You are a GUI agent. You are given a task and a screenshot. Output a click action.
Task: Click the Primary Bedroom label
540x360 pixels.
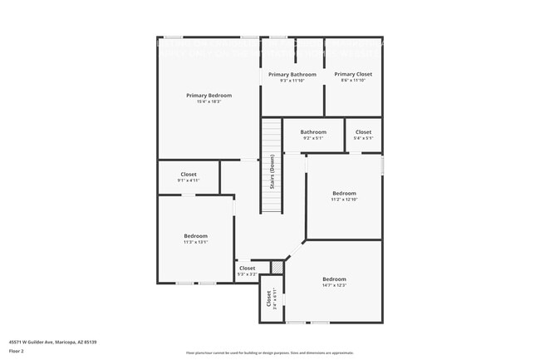[x=209, y=96]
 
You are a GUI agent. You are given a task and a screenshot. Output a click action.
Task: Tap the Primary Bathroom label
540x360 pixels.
[x=292, y=75]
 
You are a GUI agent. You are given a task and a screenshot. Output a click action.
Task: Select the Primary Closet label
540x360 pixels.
[x=353, y=74]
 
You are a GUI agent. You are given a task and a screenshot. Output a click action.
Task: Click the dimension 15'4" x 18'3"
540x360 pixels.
[x=209, y=102]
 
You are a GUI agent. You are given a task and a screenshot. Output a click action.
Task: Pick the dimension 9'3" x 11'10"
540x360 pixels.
[x=292, y=81]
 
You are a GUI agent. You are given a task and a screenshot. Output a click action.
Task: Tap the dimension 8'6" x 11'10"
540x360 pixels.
[x=353, y=81]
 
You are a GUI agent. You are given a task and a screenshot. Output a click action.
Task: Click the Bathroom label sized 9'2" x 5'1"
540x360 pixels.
[x=313, y=131]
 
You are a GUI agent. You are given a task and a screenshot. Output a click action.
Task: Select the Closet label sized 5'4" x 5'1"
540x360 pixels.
[x=363, y=131]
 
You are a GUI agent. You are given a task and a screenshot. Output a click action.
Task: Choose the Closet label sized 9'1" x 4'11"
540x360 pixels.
[x=189, y=174]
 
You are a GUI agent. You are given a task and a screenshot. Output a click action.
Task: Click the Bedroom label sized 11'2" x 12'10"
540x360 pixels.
[x=344, y=193]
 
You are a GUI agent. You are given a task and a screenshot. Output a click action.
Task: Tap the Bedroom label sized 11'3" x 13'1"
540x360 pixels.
[x=196, y=236]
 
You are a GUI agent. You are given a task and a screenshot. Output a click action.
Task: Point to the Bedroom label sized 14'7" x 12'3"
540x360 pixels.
[x=334, y=279]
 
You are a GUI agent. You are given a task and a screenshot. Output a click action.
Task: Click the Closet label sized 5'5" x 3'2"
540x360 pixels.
[x=248, y=268]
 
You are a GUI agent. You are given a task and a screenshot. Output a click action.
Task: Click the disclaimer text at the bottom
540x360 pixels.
[x=269, y=353]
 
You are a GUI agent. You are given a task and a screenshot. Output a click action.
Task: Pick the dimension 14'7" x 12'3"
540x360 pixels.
[x=334, y=285]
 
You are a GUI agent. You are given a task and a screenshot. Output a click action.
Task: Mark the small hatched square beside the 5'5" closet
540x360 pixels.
[x=277, y=267]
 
